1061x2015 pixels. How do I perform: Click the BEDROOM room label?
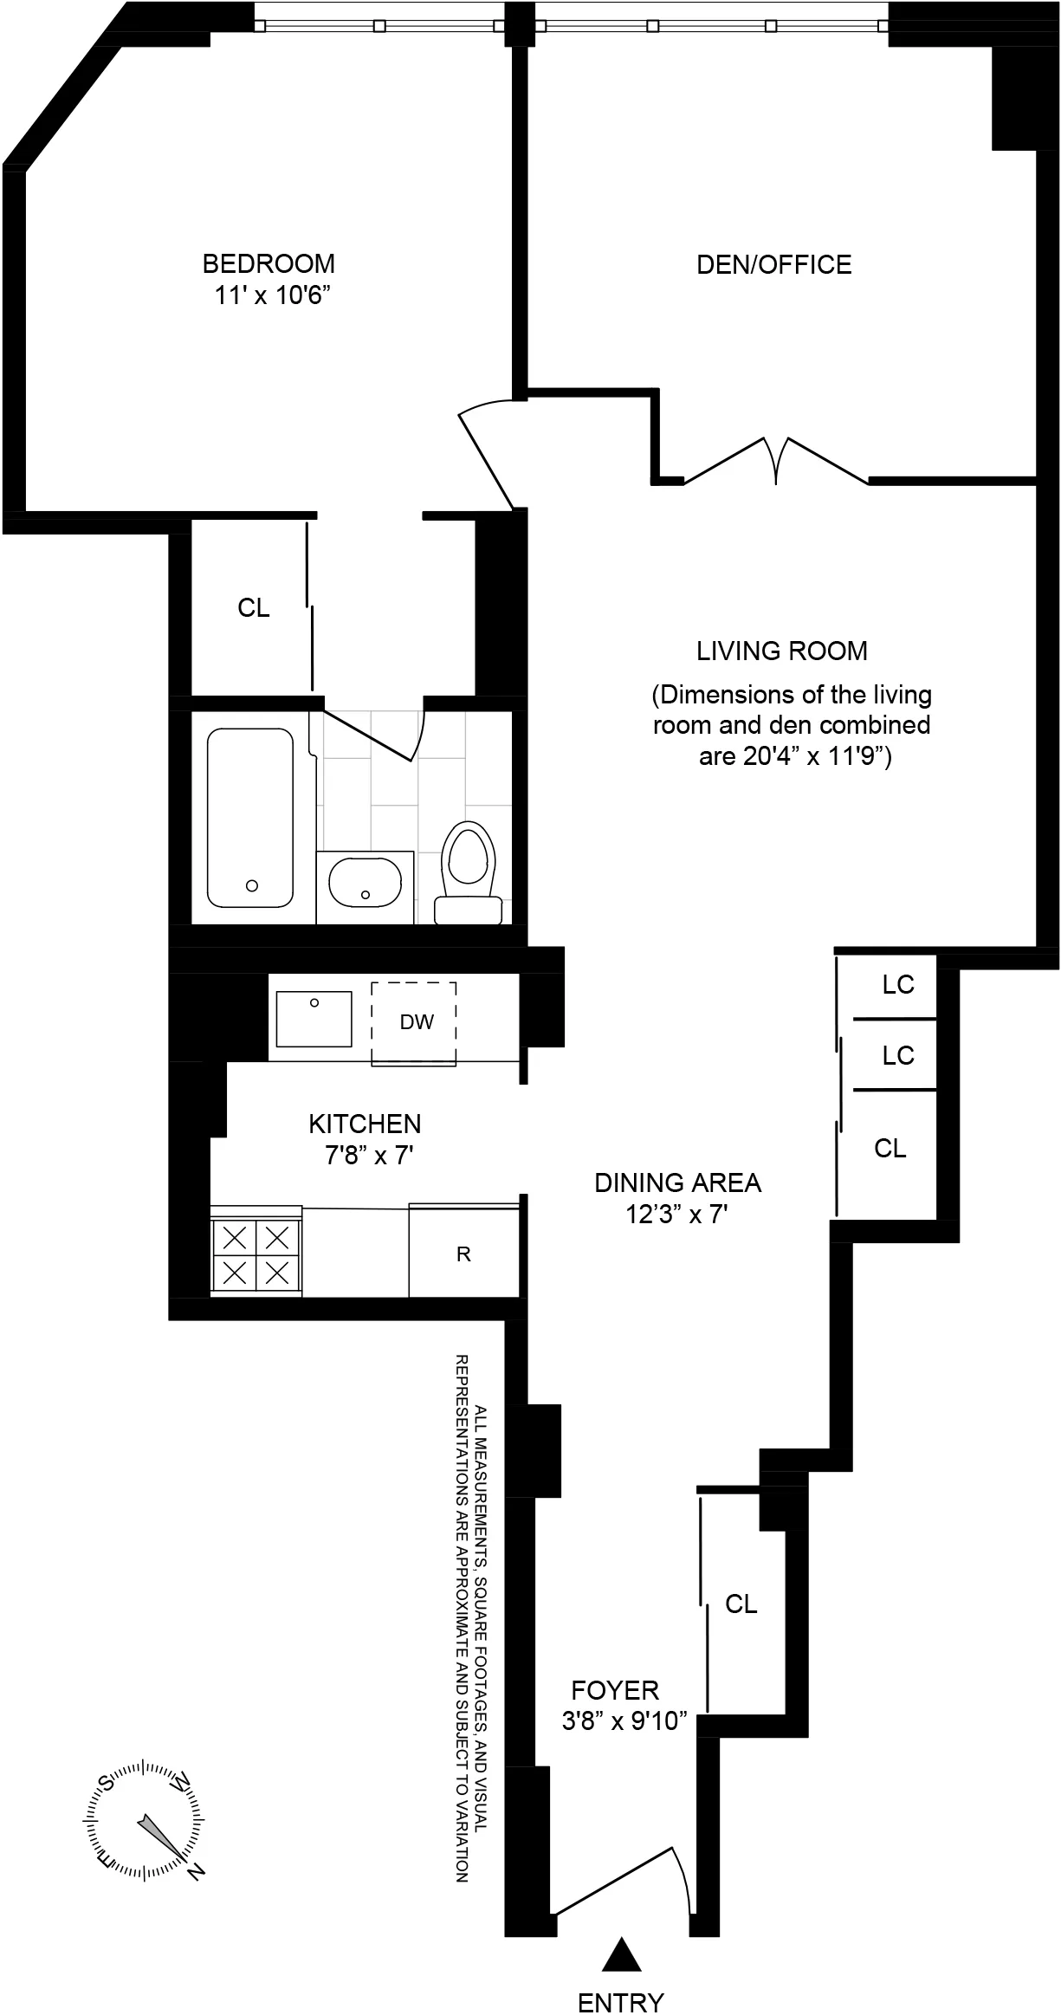(x=268, y=263)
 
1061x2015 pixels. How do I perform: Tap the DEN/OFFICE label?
(x=773, y=265)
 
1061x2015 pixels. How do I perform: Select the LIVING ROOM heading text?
(x=781, y=651)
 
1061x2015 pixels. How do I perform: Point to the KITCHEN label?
(x=365, y=1124)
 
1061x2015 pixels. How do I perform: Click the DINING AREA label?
(x=677, y=1183)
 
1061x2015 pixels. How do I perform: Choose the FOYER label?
(x=615, y=1690)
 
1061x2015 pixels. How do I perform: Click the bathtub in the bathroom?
(x=249, y=818)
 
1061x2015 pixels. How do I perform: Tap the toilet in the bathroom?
(x=468, y=871)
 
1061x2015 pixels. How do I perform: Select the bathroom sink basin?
(x=365, y=882)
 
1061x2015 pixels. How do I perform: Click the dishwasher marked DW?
(x=415, y=1022)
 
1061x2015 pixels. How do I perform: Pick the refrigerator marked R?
(x=463, y=1254)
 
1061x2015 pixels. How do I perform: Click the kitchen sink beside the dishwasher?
(x=314, y=1019)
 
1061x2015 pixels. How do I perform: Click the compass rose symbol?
(x=145, y=1819)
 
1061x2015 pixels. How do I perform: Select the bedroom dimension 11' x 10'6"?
(x=274, y=295)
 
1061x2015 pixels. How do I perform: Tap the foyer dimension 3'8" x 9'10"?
(x=624, y=1721)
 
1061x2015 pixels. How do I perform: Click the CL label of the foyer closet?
(x=741, y=1604)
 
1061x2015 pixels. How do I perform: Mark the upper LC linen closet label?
(x=898, y=985)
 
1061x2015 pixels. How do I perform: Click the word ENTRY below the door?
(x=620, y=1996)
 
